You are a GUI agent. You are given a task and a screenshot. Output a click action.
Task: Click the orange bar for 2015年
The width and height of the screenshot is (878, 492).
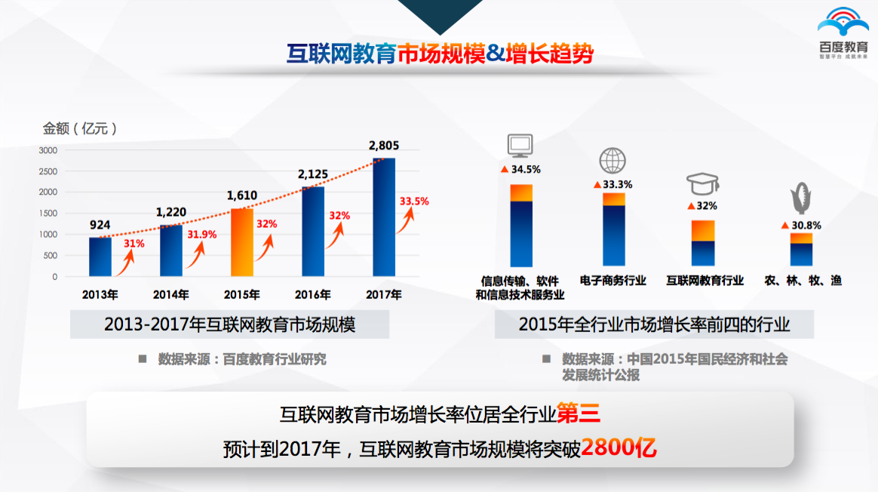(242, 242)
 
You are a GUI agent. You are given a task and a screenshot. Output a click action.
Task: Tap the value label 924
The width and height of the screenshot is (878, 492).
(100, 225)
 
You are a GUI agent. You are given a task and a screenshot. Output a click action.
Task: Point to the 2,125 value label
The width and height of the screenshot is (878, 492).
(312, 175)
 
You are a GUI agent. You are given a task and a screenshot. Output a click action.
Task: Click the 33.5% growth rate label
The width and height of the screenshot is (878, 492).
(414, 201)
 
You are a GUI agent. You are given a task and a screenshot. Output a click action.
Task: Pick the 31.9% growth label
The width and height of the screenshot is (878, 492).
(201, 235)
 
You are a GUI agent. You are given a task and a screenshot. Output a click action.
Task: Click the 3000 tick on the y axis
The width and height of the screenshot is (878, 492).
(48, 150)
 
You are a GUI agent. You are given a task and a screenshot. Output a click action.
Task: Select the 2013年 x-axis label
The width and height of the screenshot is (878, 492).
(100, 294)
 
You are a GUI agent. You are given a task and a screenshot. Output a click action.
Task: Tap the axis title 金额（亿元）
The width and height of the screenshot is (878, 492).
(81, 129)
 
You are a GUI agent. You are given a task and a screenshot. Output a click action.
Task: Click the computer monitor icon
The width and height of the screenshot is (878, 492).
(520, 145)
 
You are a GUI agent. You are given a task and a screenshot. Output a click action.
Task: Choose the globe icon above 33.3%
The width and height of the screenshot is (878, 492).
(612, 161)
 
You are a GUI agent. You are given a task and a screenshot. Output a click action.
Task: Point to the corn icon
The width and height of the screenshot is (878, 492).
(801, 199)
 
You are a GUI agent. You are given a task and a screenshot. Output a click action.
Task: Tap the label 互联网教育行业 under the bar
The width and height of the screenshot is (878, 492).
(705, 281)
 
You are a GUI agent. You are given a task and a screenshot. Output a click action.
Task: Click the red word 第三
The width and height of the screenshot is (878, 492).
(579, 414)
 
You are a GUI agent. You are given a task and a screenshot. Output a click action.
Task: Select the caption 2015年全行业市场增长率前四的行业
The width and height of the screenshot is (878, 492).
(654, 325)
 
